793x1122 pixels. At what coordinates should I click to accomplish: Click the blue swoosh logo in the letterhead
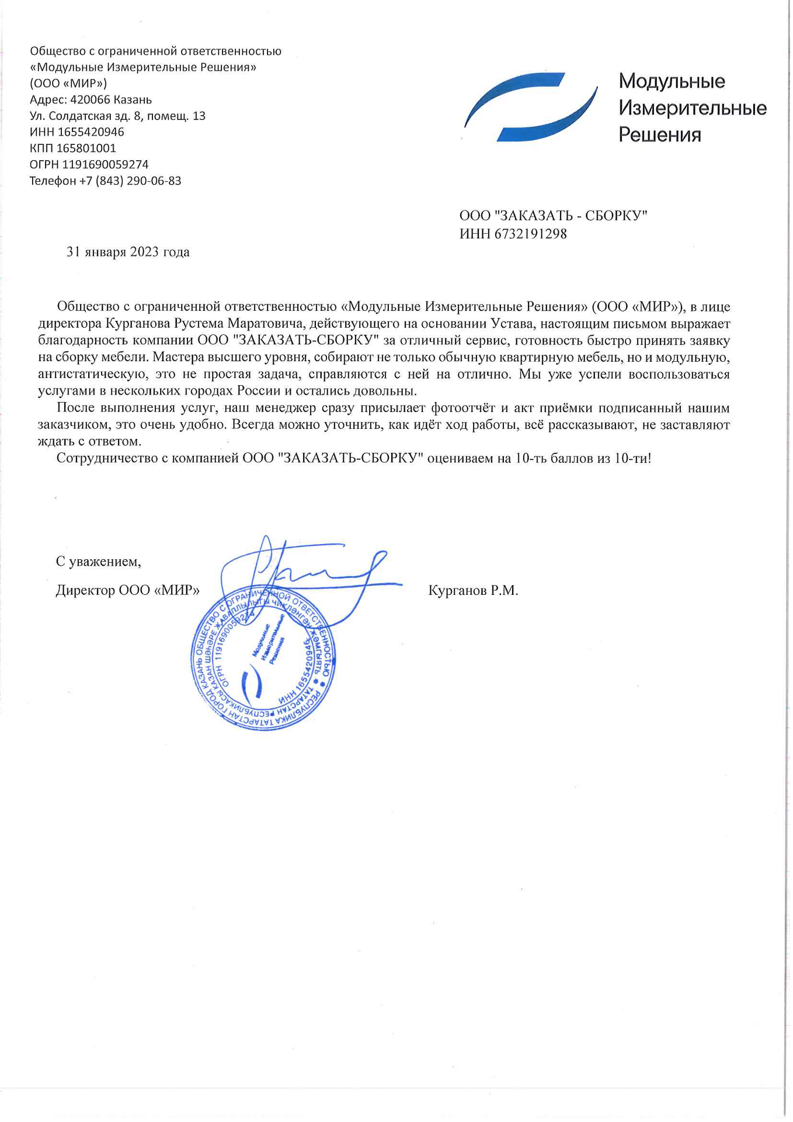(x=530, y=107)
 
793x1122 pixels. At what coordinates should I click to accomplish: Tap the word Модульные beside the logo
(x=672, y=81)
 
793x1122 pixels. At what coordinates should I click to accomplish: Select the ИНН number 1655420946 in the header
(x=91, y=132)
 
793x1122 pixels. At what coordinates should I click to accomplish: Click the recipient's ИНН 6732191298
(x=530, y=234)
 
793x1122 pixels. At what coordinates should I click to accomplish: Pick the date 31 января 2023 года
(x=128, y=252)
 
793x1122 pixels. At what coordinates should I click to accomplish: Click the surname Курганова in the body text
(x=135, y=324)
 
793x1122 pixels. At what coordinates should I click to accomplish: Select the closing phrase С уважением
(x=98, y=562)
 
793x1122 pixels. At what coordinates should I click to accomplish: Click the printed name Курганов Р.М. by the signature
(x=473, y=591)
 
